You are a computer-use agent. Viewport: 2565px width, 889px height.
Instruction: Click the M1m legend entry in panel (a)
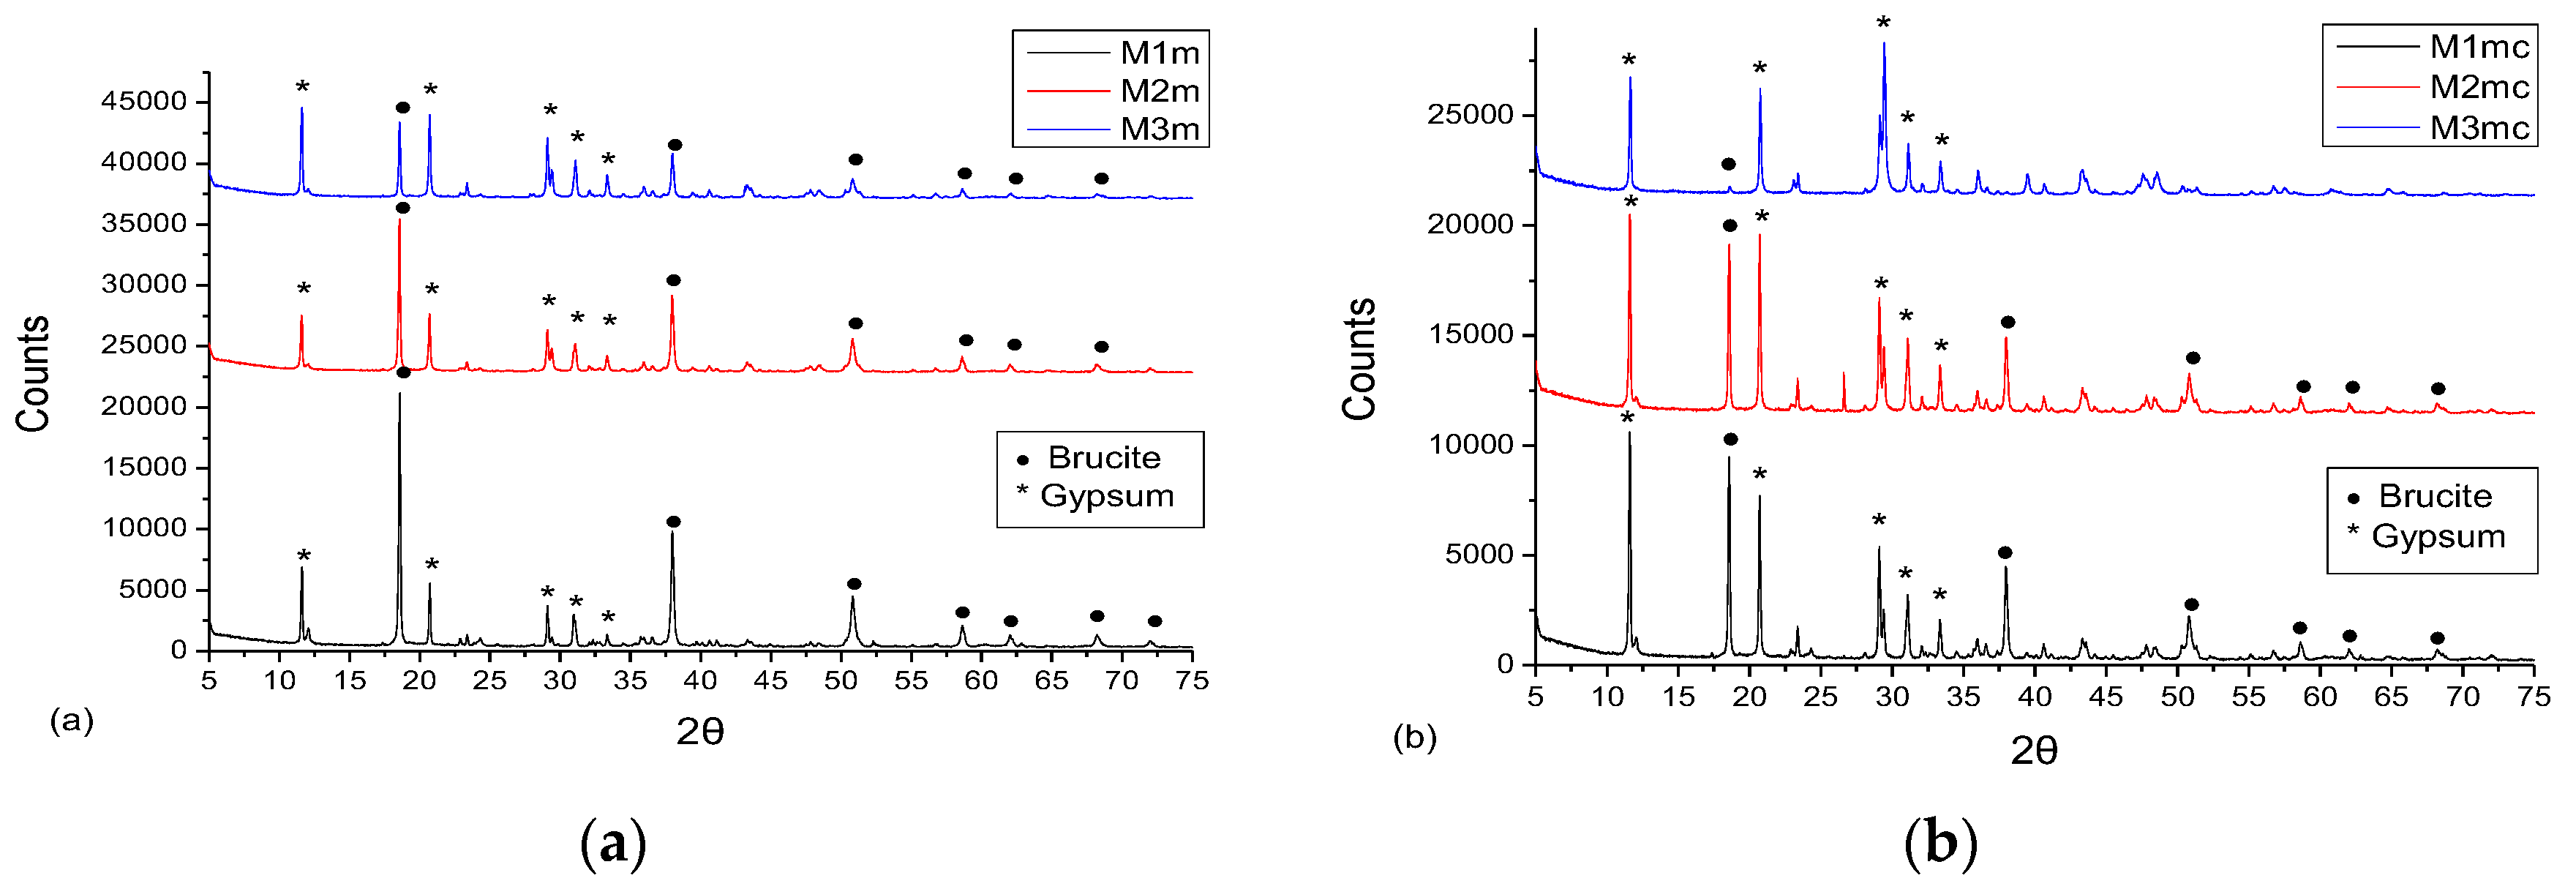(x=1159, y=53)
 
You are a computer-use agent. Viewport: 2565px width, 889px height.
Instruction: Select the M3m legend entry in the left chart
(x=1159, y=130)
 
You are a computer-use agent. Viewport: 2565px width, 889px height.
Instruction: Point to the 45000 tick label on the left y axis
(x=143, y=102)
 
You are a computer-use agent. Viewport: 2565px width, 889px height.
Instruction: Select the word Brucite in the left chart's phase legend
(x=1103, y=458)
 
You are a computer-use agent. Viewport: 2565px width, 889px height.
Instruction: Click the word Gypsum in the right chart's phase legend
(x=2438, y=536)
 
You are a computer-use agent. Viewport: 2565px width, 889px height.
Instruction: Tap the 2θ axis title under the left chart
(x=700, y=732)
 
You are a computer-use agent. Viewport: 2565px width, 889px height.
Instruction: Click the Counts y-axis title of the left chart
(x=33, y=373)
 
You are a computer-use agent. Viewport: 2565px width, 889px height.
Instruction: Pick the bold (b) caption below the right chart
(x=1939, y=843)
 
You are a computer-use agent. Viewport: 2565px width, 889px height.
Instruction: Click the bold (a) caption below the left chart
(x=612, y=843)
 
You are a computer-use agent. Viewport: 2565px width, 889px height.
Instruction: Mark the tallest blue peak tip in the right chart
(x=1883, y=43)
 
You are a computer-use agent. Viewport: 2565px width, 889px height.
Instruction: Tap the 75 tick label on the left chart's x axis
(x=1192, y=681)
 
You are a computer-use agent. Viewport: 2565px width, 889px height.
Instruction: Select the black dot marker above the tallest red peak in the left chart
(x=402, y=208)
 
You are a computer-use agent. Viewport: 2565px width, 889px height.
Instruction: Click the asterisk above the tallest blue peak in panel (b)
(x=1882, y=22)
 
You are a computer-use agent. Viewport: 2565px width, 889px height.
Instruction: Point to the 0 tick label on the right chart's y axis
(x=1505, y=665)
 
